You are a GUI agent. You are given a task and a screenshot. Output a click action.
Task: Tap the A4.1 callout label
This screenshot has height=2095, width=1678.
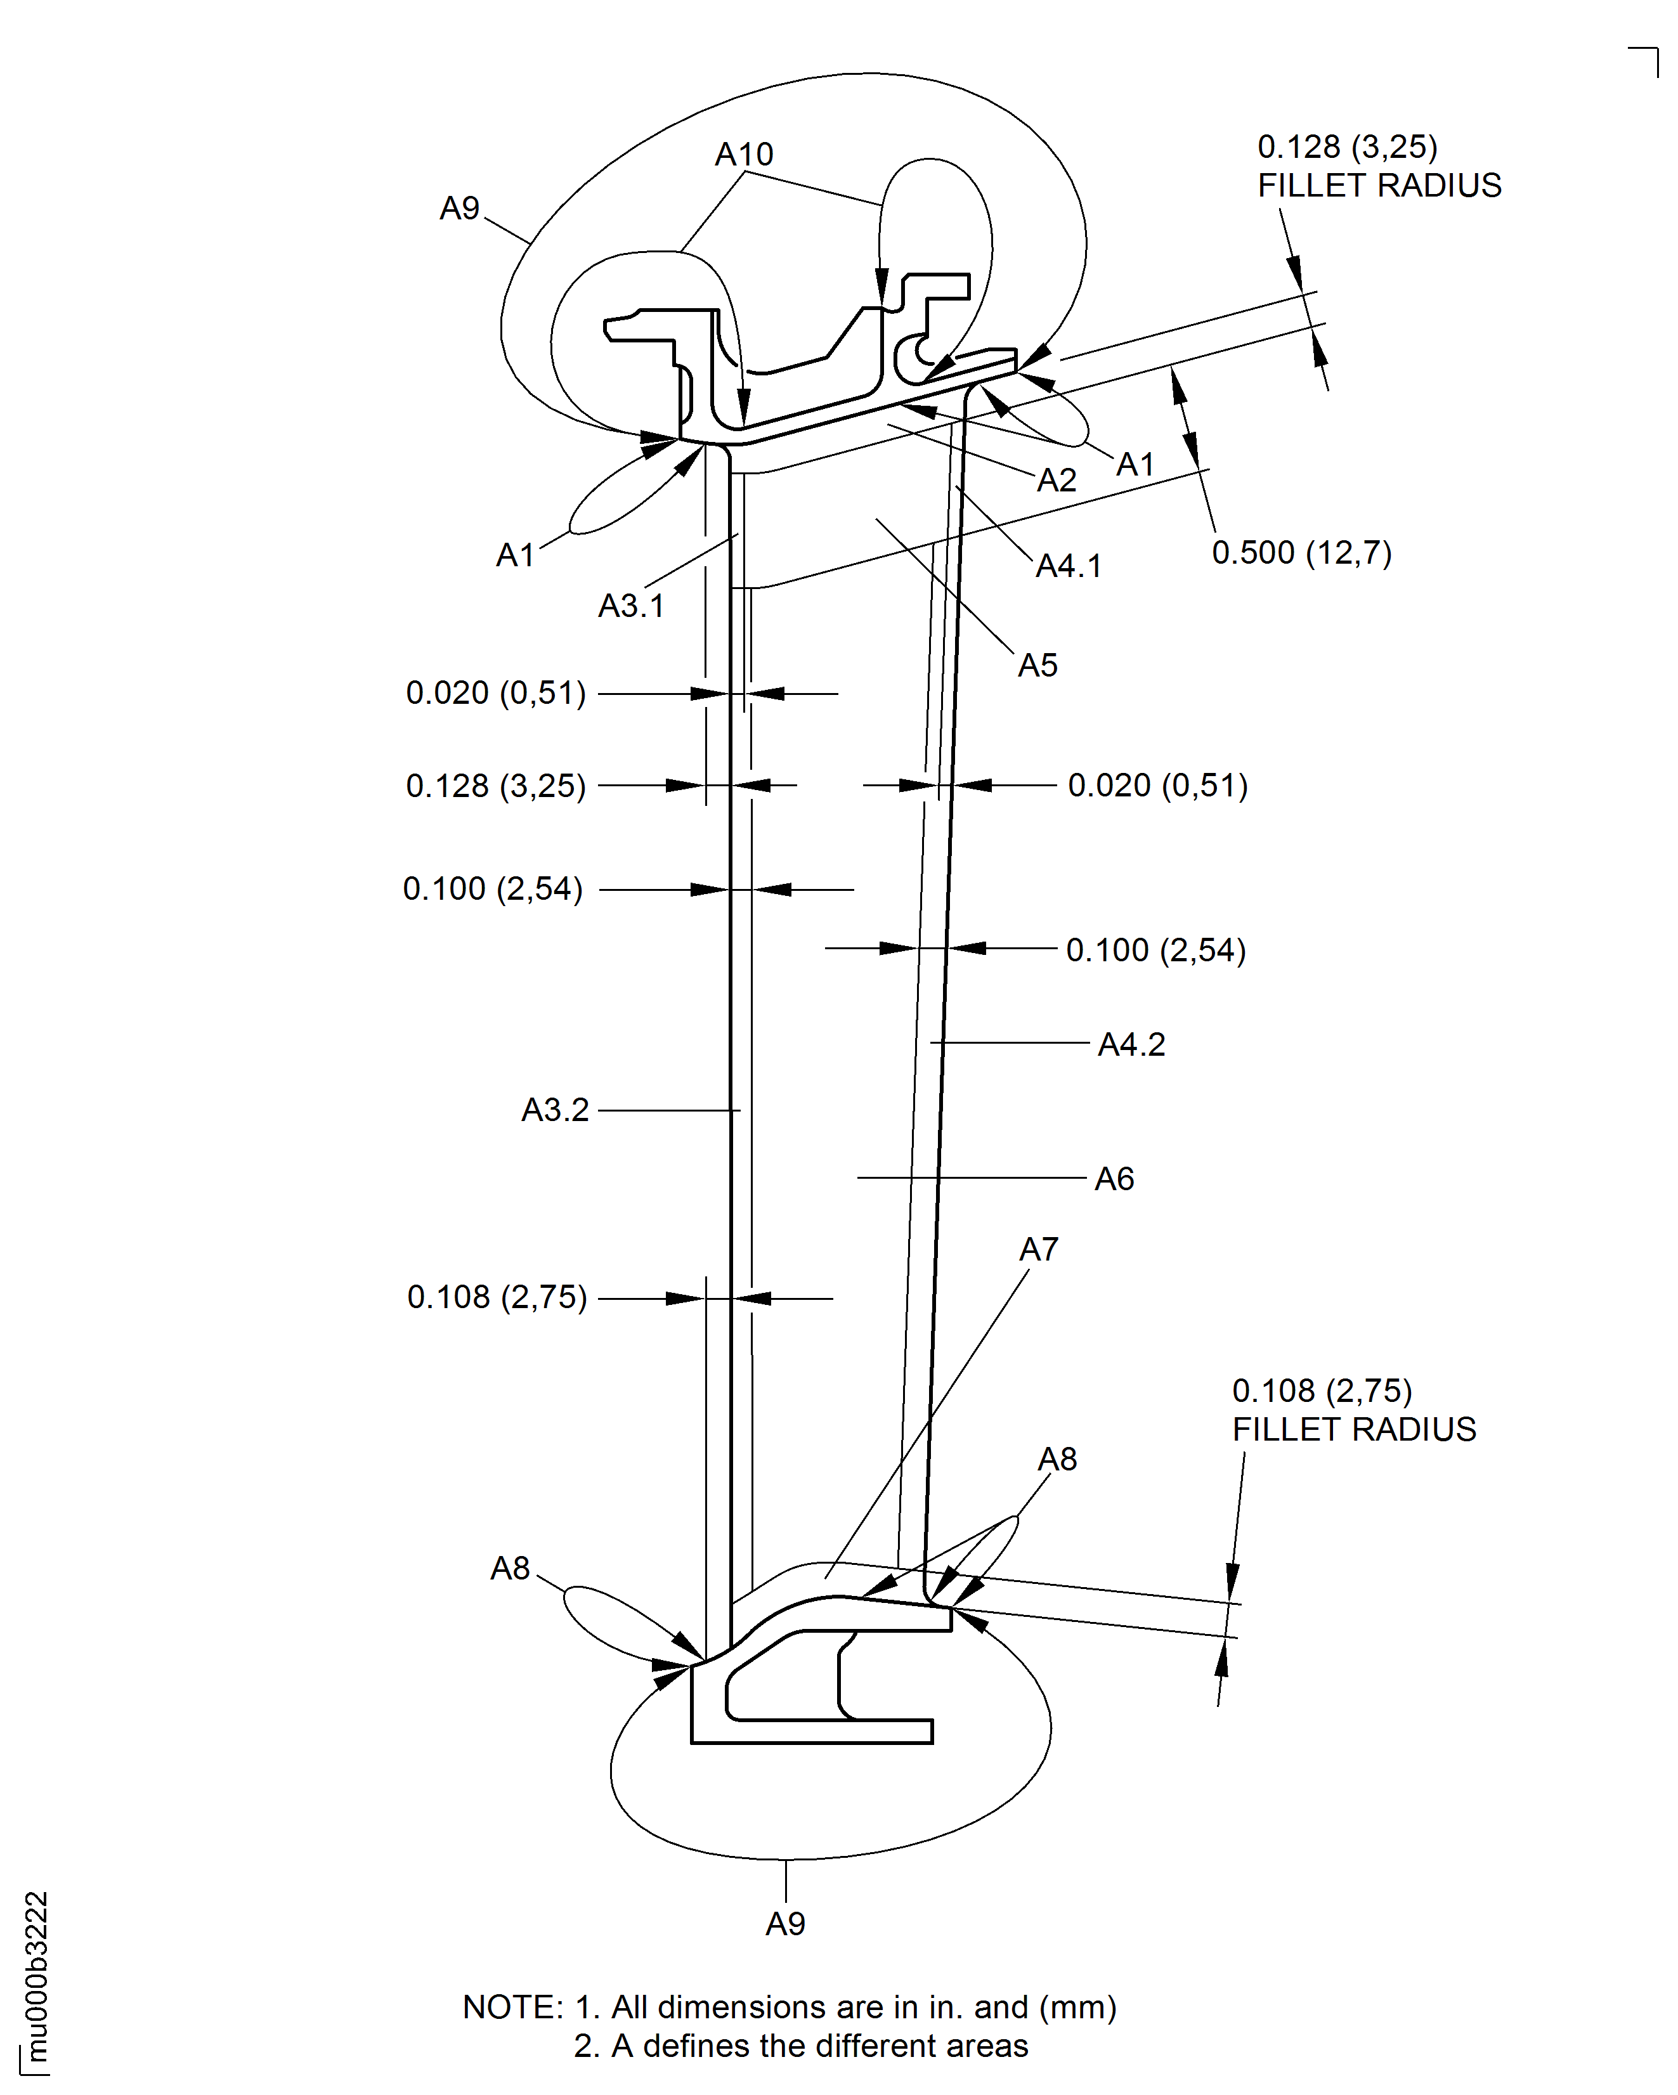coord(1069,566)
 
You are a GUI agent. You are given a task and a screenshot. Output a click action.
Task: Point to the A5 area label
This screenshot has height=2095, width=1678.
coord(1037,666)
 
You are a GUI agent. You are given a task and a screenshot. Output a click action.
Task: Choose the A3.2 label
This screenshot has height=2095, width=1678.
coord(555,1110)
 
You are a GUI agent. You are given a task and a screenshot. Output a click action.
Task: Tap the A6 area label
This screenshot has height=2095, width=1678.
coord(1114,1179)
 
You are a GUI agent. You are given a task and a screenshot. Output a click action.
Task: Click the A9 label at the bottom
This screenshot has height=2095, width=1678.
coord(785,1924)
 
